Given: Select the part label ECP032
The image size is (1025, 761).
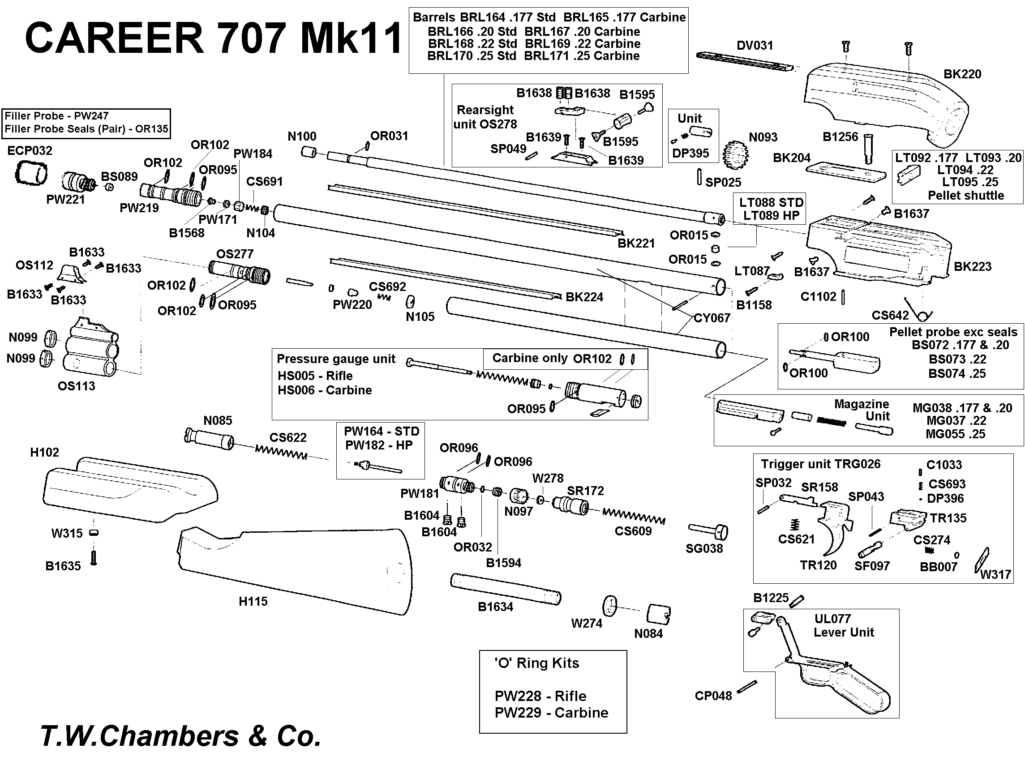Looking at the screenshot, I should [x=30, y=151].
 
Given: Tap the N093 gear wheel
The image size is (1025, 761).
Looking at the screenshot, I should [x=734, y=155].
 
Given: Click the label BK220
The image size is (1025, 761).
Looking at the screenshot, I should [x=962, y=74].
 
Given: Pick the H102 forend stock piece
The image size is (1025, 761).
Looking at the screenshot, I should [x=129, y=491].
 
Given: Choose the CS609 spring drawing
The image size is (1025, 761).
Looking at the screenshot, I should [x=634, y=516].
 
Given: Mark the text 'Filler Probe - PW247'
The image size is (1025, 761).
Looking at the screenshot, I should [x=56, y=116].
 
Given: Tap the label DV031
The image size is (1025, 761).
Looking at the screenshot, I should [x=754, y=46].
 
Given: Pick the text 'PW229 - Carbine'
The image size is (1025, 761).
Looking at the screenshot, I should [x=551, y=713].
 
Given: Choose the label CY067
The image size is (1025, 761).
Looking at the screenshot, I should [x=712, y=318].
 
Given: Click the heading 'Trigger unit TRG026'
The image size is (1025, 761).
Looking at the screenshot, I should [x=820, y=464].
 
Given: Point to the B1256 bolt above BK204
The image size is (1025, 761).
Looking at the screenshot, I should [x=868, y=148].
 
